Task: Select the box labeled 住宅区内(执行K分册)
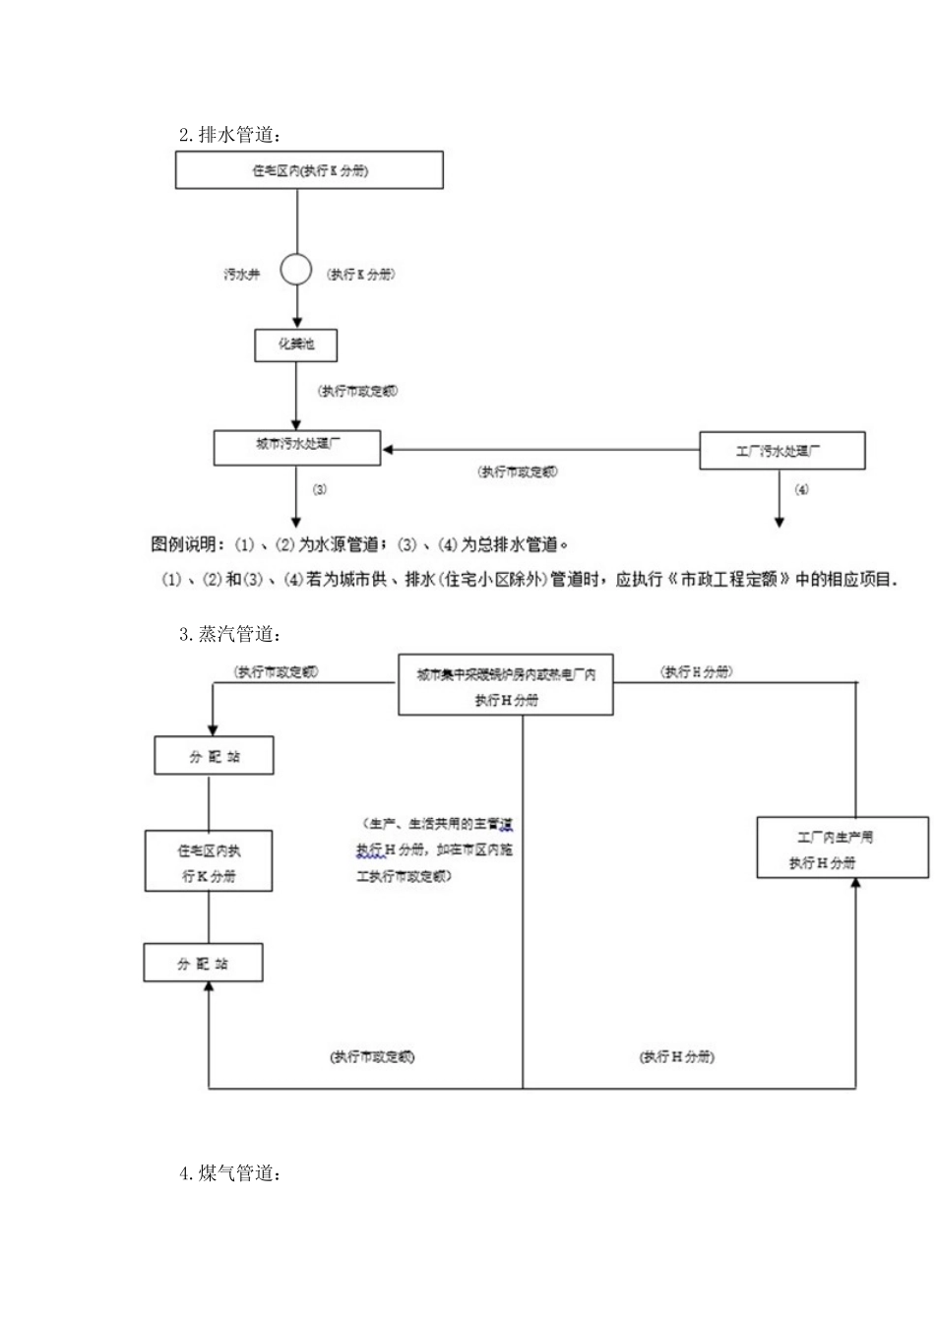tap(309, 170)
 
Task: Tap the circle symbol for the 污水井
tap(296, 270)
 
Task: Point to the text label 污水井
tap(242, 275)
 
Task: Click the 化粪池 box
tap(296, 345)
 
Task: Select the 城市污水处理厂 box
tap(297, 446)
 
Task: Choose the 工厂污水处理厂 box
tap(781, 451)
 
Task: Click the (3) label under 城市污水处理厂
tap(320, 489)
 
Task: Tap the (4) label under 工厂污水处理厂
tap(801, 489)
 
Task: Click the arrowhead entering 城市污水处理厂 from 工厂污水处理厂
tap(388, 450)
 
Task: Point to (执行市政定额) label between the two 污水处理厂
tap(518, 472)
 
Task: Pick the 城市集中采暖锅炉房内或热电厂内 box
tap(506, 684)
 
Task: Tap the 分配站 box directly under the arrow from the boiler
tap(214, 756)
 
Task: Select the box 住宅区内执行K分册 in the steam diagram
tap(209, 862)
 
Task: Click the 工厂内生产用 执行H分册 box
tap(841, 848)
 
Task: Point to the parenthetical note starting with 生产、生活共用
tap(435, 849)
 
